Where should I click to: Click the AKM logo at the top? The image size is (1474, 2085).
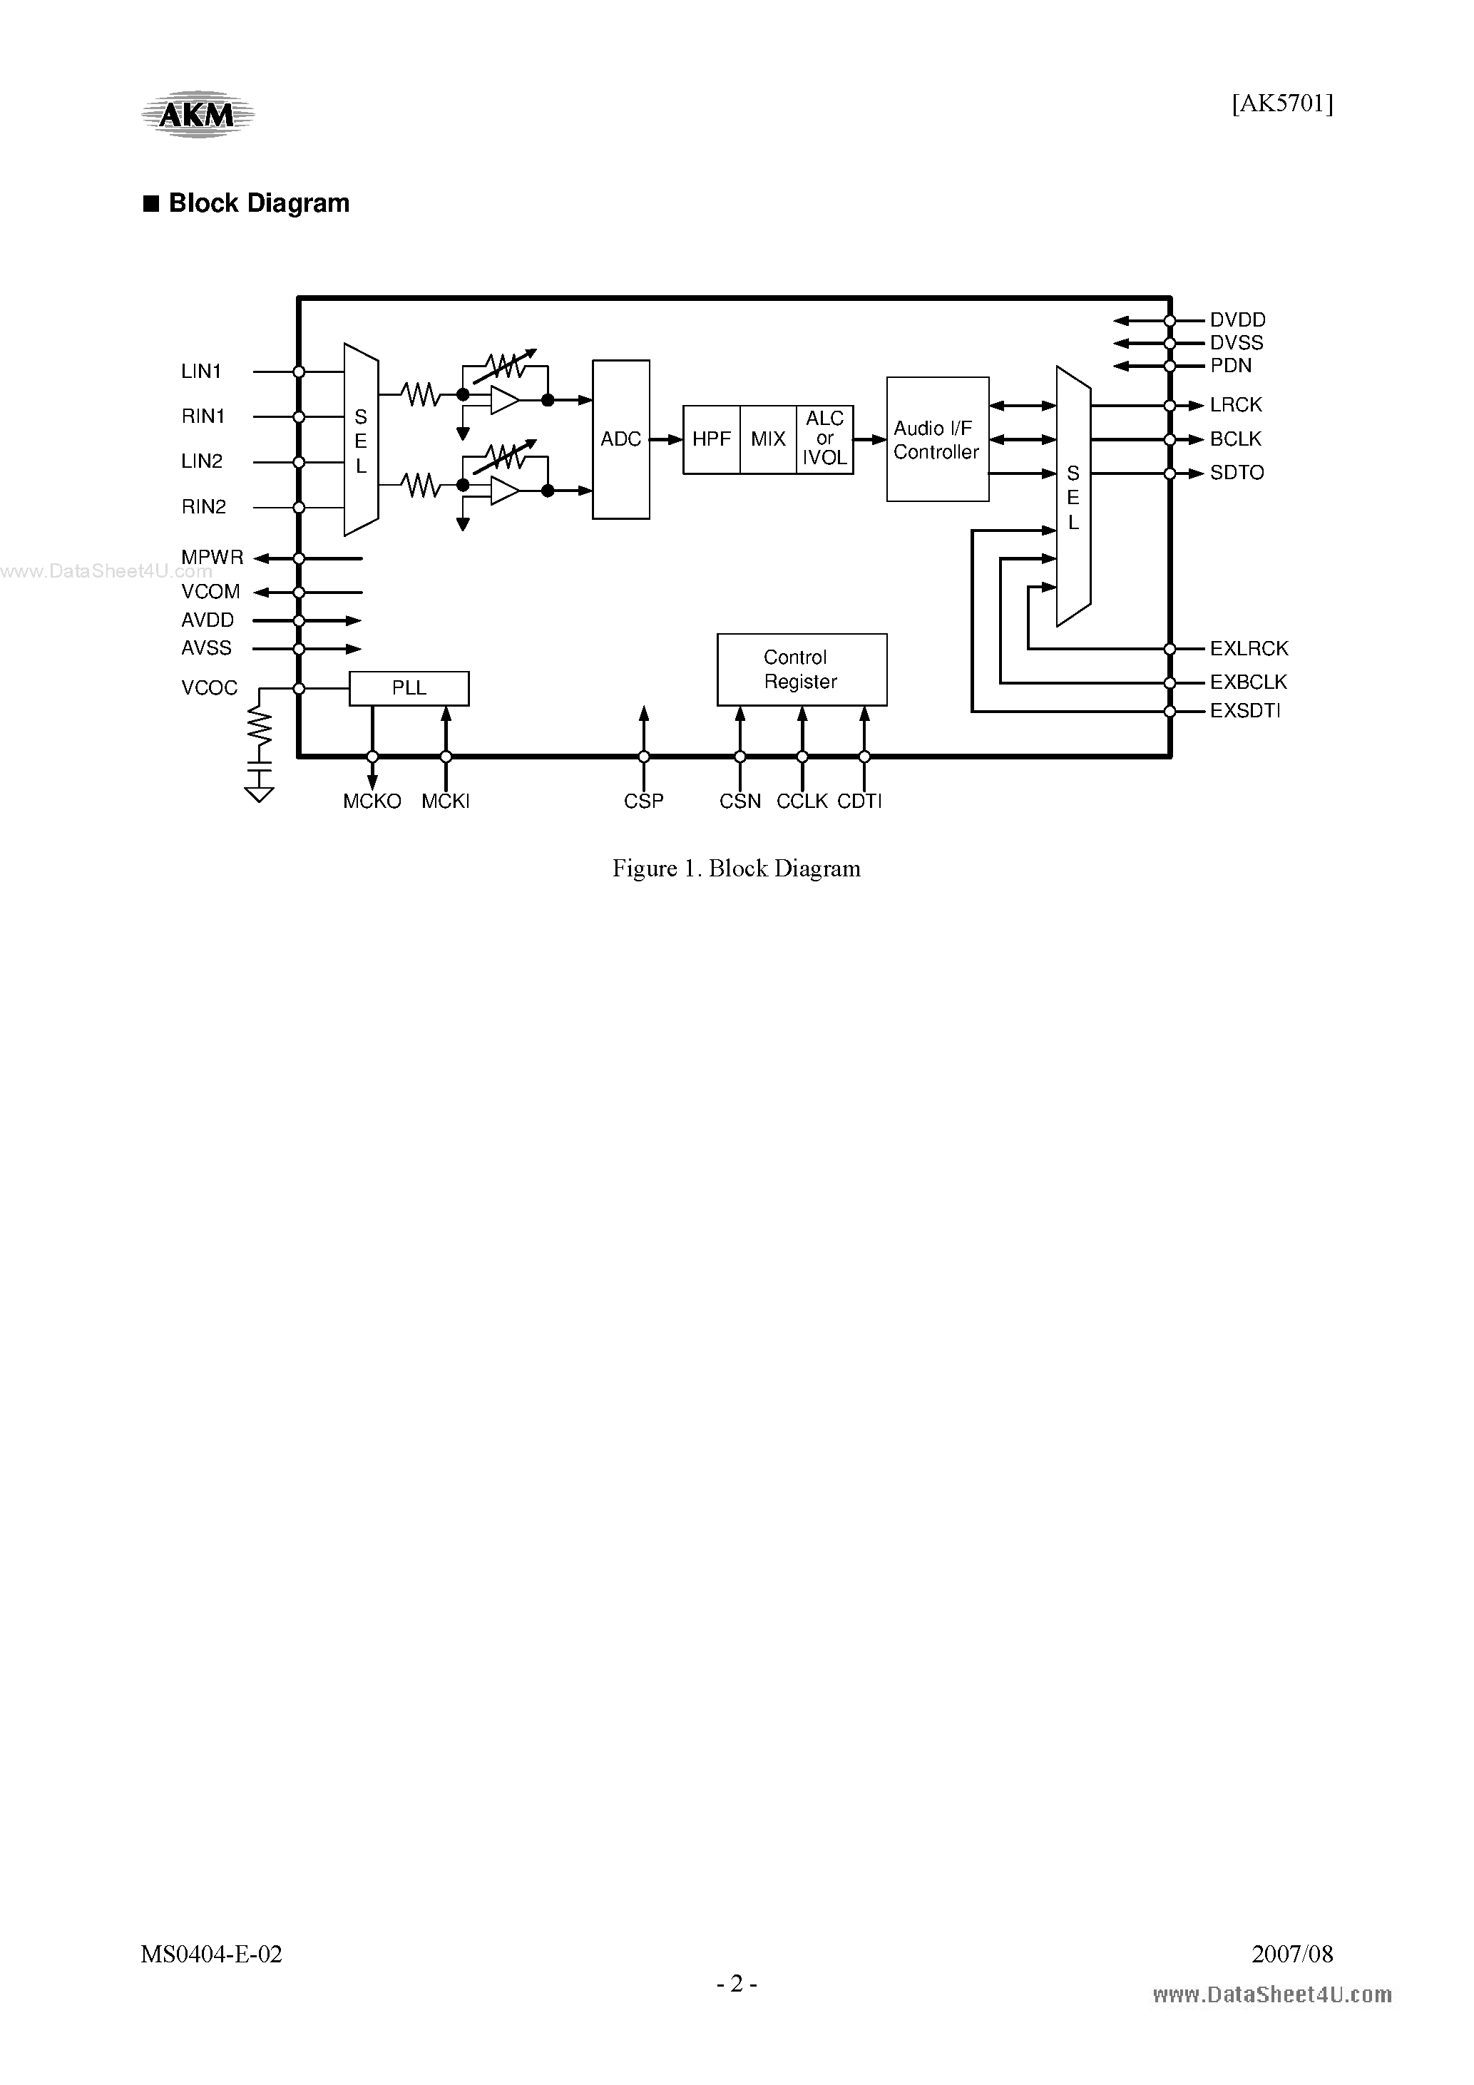point(197,114)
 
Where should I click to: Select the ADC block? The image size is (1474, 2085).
point(620,439)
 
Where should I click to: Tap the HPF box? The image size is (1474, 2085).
point(711,439)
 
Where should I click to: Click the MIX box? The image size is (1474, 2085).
point(768,439)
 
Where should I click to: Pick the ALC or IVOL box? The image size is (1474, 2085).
point(824,439)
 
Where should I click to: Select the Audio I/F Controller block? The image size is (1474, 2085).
point(937,439)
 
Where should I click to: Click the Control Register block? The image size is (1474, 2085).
point(801,670)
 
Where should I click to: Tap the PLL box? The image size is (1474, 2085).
point(409,688)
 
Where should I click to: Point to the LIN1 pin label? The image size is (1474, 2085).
point(202,372)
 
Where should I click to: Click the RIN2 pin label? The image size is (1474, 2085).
point(203,507)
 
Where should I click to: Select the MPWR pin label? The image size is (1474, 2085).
point(213,558)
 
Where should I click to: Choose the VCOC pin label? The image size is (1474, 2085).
point(210,688)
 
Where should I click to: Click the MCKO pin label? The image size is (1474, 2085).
point(372,801)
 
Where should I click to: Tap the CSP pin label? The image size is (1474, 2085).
point(643,801)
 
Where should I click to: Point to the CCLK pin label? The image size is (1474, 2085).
point(802,801)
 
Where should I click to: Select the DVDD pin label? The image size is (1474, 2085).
point(1237,319)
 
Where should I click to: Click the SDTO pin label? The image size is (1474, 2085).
point(1236,473)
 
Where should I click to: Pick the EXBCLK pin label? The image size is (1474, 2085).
point(1248,682)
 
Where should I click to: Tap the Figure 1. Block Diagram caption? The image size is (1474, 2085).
point(736,869)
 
